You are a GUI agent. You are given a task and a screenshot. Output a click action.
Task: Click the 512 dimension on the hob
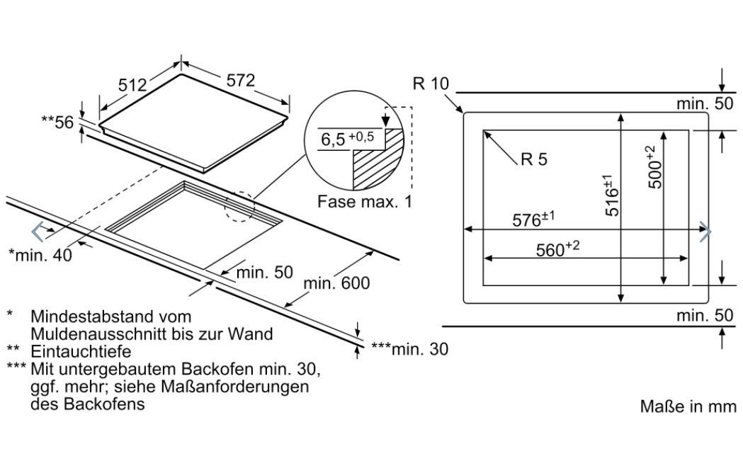[x=132, y=85]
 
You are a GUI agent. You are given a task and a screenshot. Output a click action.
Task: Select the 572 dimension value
[x=241, y=81]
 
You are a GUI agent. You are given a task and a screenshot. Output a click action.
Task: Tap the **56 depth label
[x=58, y=122]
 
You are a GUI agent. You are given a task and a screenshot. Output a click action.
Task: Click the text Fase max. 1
[x=364, y=202]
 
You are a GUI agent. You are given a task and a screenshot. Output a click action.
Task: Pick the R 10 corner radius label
[x=430, y=84]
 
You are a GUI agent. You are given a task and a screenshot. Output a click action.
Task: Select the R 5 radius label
[x=533, y=159]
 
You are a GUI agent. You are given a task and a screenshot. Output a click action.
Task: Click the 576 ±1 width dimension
[x=533, y=220]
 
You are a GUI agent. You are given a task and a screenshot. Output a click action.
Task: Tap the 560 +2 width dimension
[x=557, y=249]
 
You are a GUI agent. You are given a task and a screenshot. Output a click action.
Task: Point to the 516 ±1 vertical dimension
[x=611, y=195]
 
